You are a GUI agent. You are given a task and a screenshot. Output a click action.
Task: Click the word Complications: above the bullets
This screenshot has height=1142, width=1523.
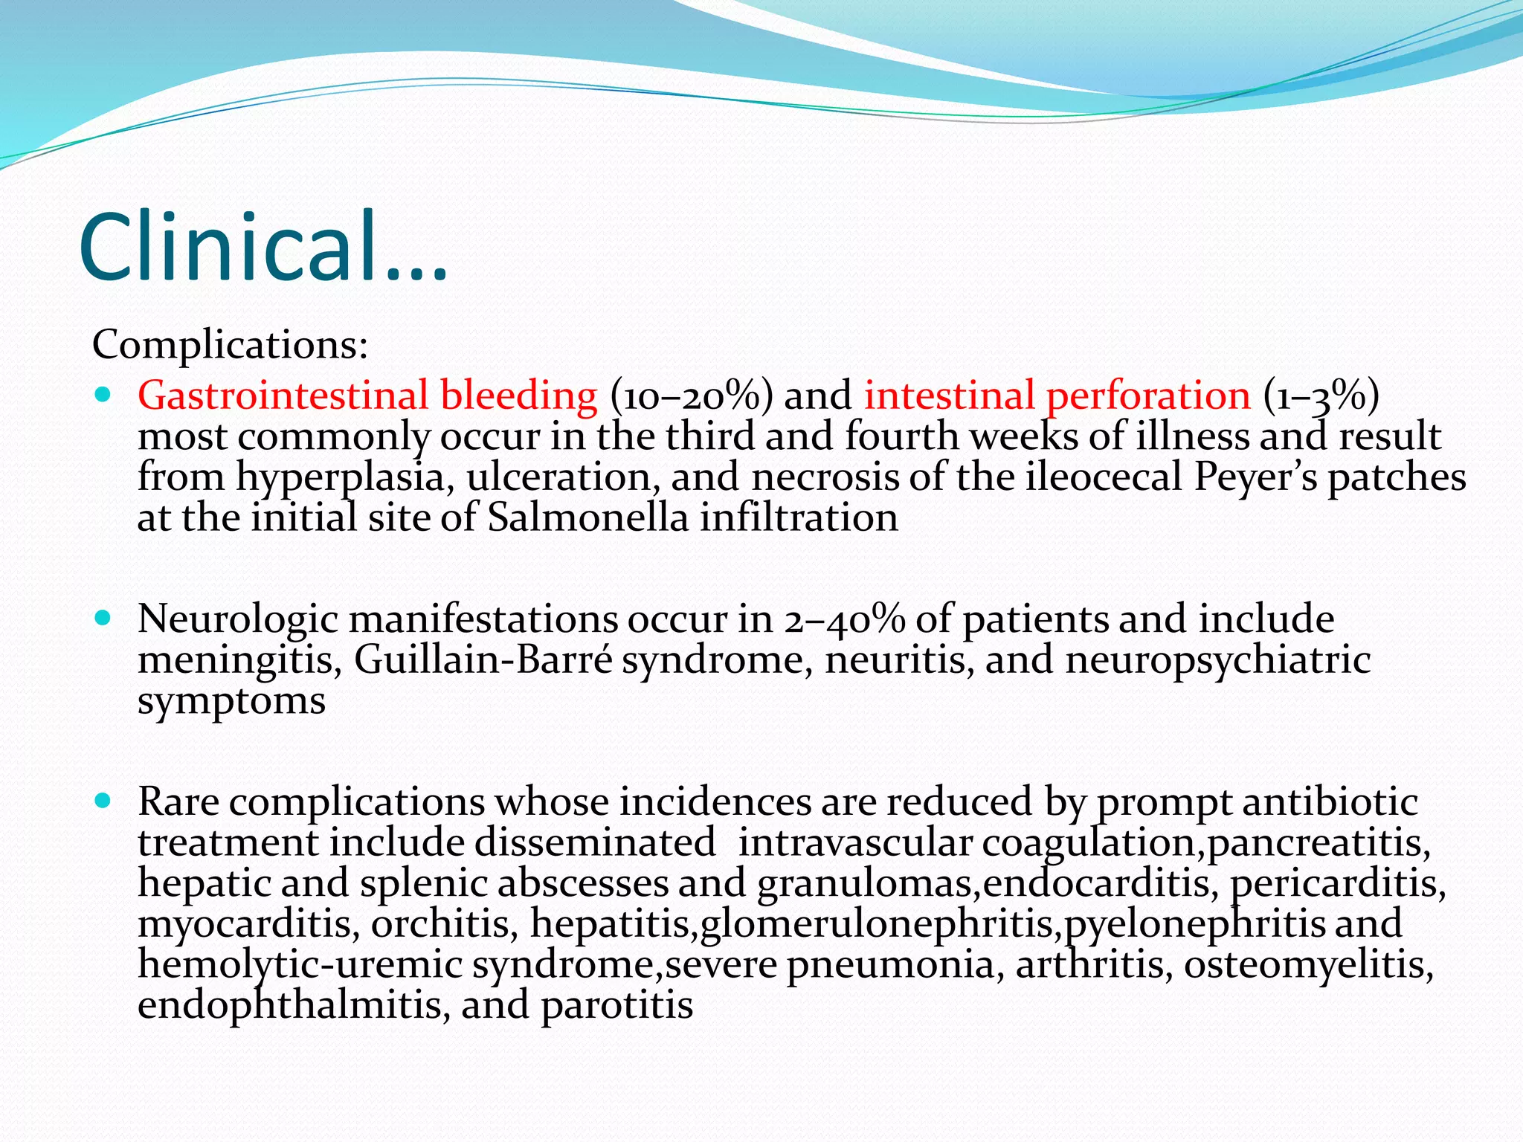(230, 345)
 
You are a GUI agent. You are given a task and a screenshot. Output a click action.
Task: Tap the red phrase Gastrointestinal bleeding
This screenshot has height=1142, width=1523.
(367, 395)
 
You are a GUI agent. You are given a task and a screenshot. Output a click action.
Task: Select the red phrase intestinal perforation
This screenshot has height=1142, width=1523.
(1057, 395)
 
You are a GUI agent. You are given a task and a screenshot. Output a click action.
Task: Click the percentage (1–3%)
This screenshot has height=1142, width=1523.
(1321, 395)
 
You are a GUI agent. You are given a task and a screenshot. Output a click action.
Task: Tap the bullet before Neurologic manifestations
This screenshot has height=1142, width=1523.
(103, 618)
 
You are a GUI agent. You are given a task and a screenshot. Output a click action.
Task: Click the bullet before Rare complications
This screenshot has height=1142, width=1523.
(103, 801)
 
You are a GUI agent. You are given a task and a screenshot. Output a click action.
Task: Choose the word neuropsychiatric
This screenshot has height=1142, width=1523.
(1217, 660)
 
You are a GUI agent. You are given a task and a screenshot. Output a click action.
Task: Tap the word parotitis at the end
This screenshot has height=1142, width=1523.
(616, 1005)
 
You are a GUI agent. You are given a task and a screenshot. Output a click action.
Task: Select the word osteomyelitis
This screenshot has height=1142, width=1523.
(1308, 965)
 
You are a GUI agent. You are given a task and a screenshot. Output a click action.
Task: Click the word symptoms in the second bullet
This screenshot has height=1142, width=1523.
(231, 701)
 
